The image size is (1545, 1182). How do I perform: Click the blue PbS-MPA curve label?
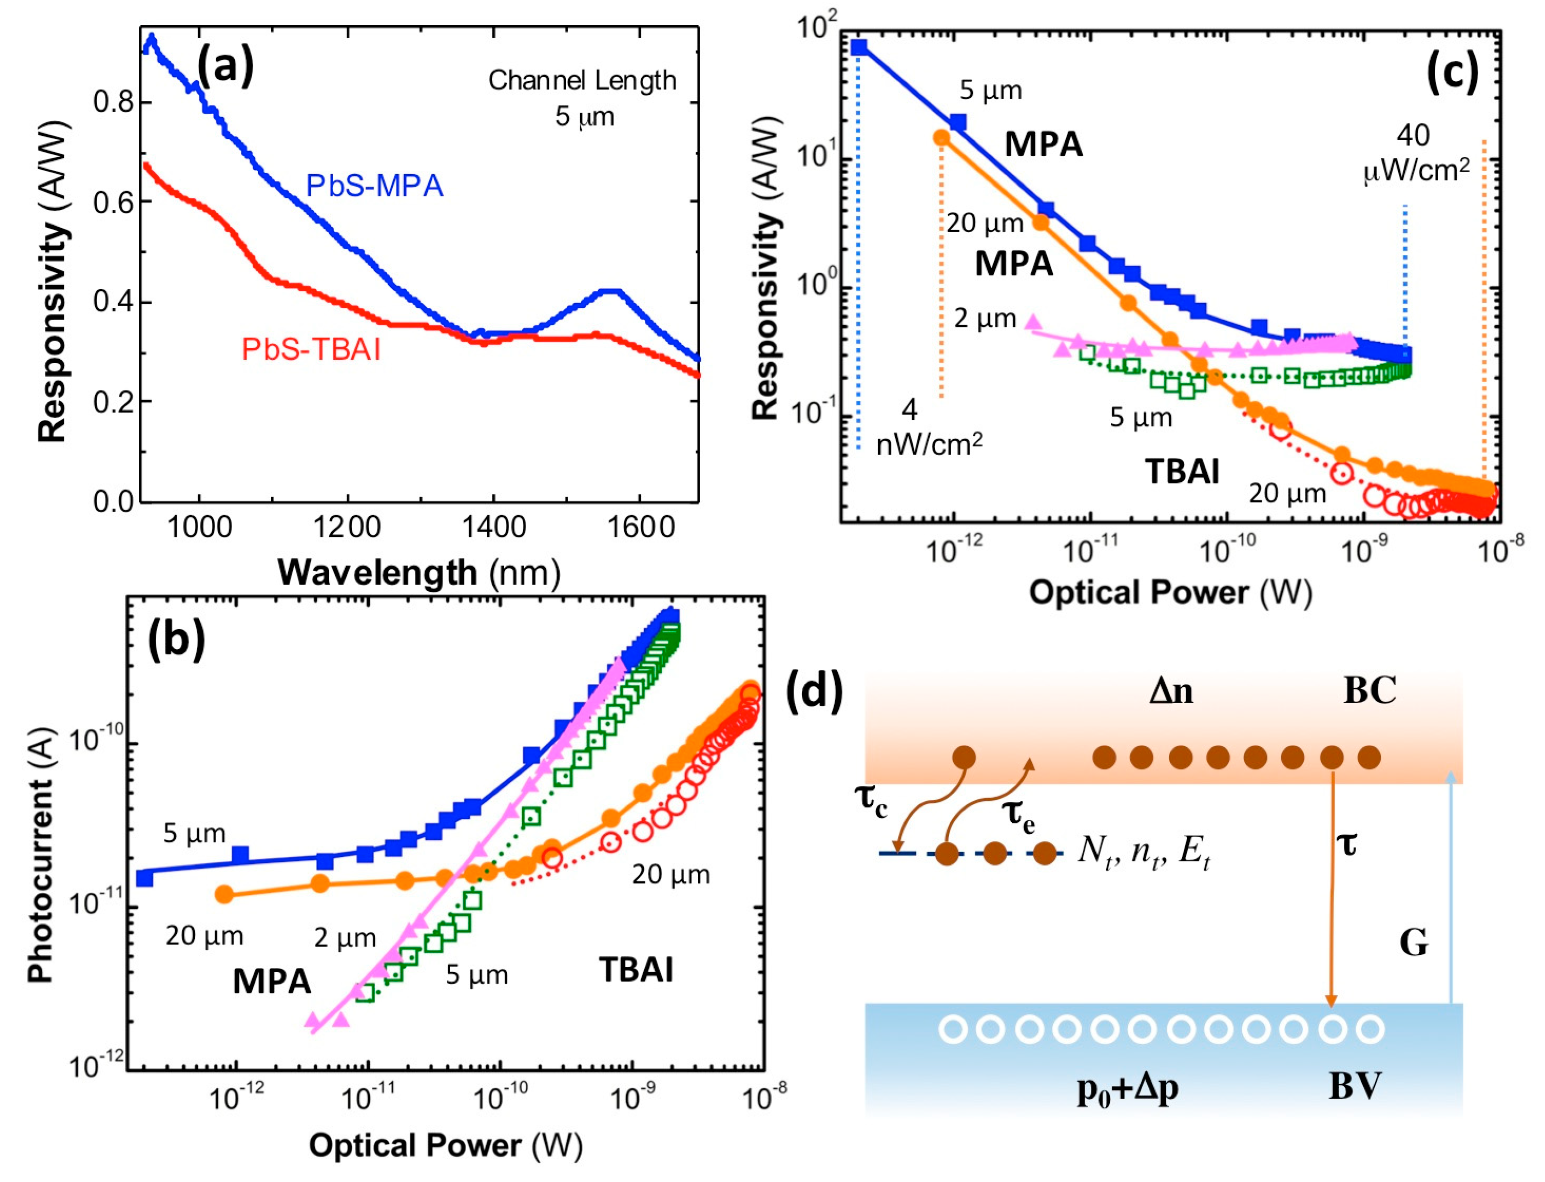pyautogui.click(x=374, y=186)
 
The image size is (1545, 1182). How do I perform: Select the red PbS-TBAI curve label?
pyautogui.click(x=311, y=350)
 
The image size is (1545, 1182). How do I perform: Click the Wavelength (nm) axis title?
pyautogui.click(x=419, y=572)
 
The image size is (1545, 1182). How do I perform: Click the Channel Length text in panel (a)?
pyautogui.click(x=583, y=81)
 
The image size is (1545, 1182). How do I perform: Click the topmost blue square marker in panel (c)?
pyautogui.click(x=859, y=47)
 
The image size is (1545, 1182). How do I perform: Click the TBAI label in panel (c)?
pyautogui.click(x=1182, y=471)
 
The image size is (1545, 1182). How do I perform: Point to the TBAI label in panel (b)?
pyautogui.click(x=636, y=970)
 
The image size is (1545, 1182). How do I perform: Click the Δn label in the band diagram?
pyautogui.click(x=1171, y=692)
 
